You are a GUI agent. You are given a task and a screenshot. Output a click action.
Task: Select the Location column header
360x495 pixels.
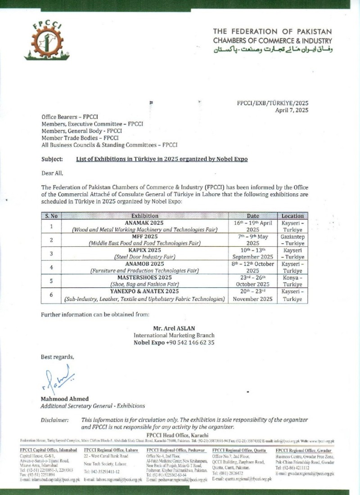(x=292, y=216)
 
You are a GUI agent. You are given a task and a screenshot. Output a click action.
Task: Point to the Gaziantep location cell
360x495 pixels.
(x=292, y=239)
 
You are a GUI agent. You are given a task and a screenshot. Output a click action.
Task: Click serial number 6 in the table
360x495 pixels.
(x=51, y=294)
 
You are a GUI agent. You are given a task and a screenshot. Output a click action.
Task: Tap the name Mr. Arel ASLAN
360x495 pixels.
(x=174, y=329)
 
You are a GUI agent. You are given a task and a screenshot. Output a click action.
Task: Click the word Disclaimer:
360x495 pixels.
(x=54, y=419)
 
